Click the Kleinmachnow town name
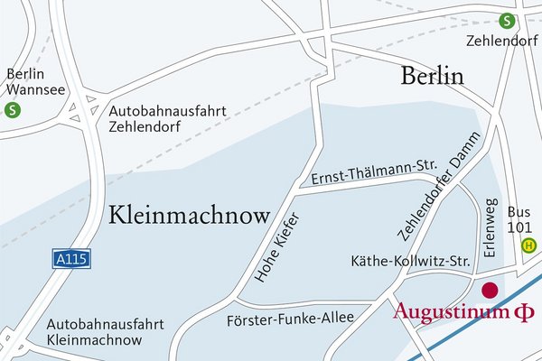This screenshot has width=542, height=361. [x=190, y=215]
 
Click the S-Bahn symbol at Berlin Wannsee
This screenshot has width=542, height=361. [x=13, y=111]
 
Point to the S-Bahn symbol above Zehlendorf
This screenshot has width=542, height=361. [x=508, y=21]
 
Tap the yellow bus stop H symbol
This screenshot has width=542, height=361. [x=530, y=244]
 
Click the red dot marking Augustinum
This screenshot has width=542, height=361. [x=490, y=291]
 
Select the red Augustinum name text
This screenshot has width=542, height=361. [x=452, y=312]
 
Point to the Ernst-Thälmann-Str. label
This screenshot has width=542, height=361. [x=374, y=171]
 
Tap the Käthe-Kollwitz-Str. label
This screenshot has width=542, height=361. [x=411, y=262]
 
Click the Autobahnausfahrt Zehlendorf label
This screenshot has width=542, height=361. [x=166, y=118]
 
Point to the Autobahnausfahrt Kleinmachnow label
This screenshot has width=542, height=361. [x=94, y=331]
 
